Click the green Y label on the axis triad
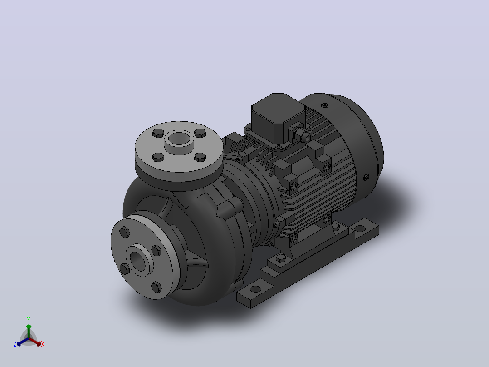[x=29, y=319]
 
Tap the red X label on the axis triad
[x=43, y=344]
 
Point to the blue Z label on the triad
[x=15, y=344]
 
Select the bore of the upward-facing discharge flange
[x=178, y=138]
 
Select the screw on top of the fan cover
[x=325, y=105]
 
